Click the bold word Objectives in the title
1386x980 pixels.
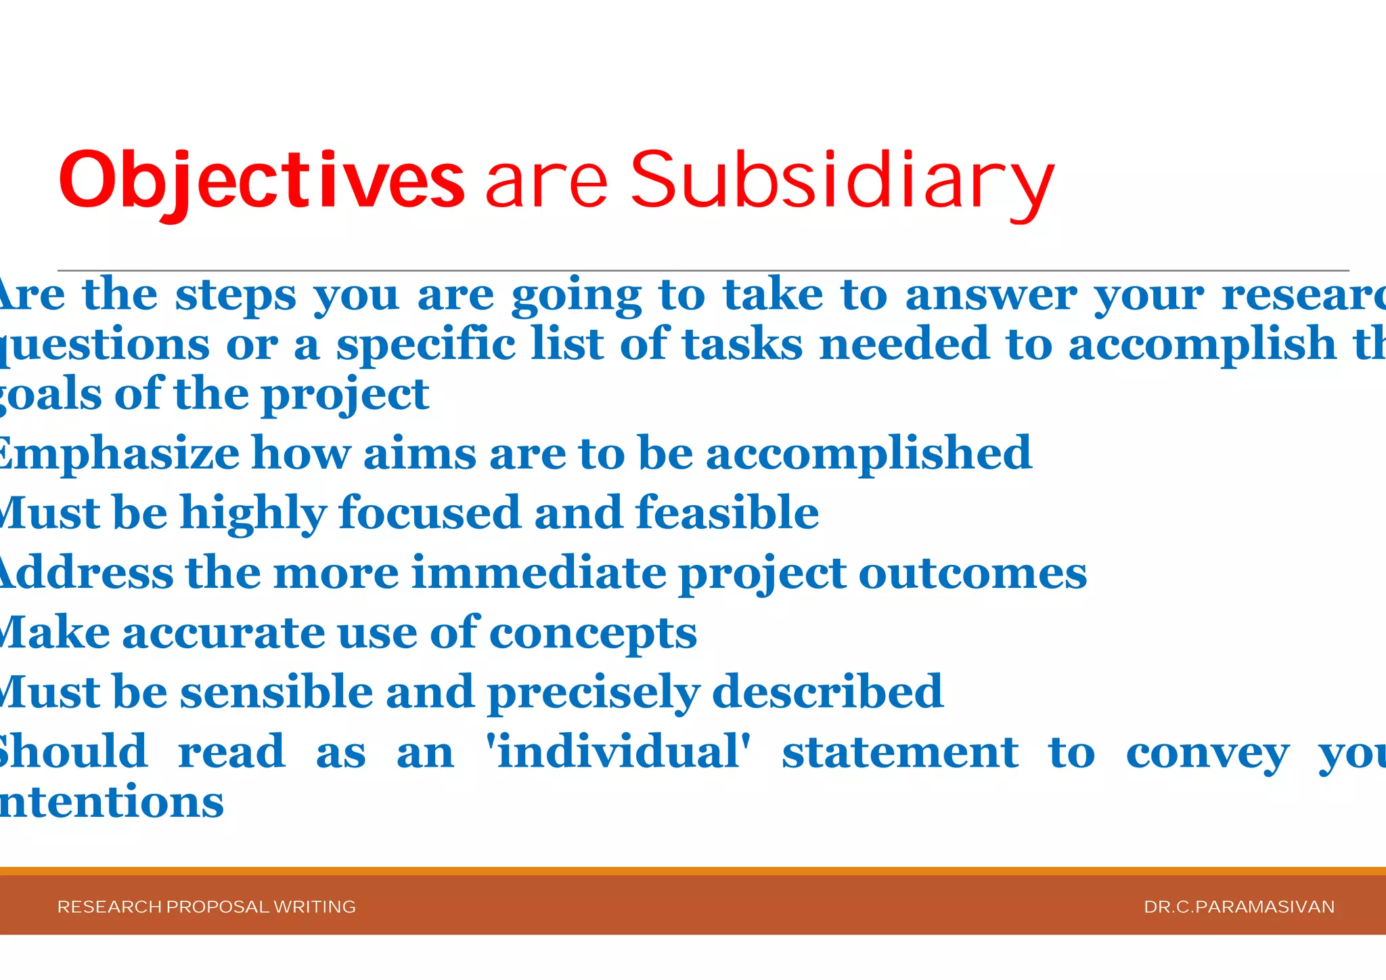click(x=261, y=180)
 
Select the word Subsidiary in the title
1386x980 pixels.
click(x=842, y=180)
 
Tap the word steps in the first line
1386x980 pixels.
click(x=236, y=295)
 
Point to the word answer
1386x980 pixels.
click(x=991, y=295)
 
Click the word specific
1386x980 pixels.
click(x=426, y=344)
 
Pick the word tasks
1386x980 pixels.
click(x=742, y=344)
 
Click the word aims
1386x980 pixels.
click(x=420, y=453)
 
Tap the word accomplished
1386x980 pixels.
click(x=869, y=453)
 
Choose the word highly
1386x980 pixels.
click(x=254, y=513)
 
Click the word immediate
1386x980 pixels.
click(x=539, y=573)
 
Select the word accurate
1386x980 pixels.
click(x=223, y=633)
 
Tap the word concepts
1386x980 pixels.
click(x=593, y=634)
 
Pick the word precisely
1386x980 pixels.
click(x=594, y=693)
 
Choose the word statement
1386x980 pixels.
click(x=900, y=752)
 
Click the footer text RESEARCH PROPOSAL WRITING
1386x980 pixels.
click(x=206, y=907)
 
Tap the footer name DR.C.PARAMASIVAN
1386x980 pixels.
click(x=1239, y=907)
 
